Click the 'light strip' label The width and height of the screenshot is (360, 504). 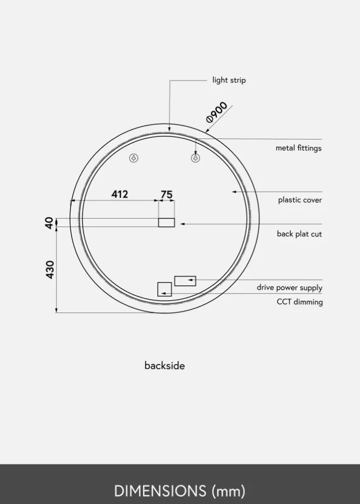229,80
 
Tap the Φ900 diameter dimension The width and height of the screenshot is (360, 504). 217,112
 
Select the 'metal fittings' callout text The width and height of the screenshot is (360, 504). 298,148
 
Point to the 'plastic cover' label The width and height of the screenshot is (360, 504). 300,200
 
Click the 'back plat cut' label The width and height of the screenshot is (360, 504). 299,234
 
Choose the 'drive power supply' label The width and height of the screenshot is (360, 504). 289,288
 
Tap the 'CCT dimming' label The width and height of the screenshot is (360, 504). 300,302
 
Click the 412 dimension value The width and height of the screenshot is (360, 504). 119,194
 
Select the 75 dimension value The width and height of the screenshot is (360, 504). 167,194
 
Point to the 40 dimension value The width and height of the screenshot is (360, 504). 49,223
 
